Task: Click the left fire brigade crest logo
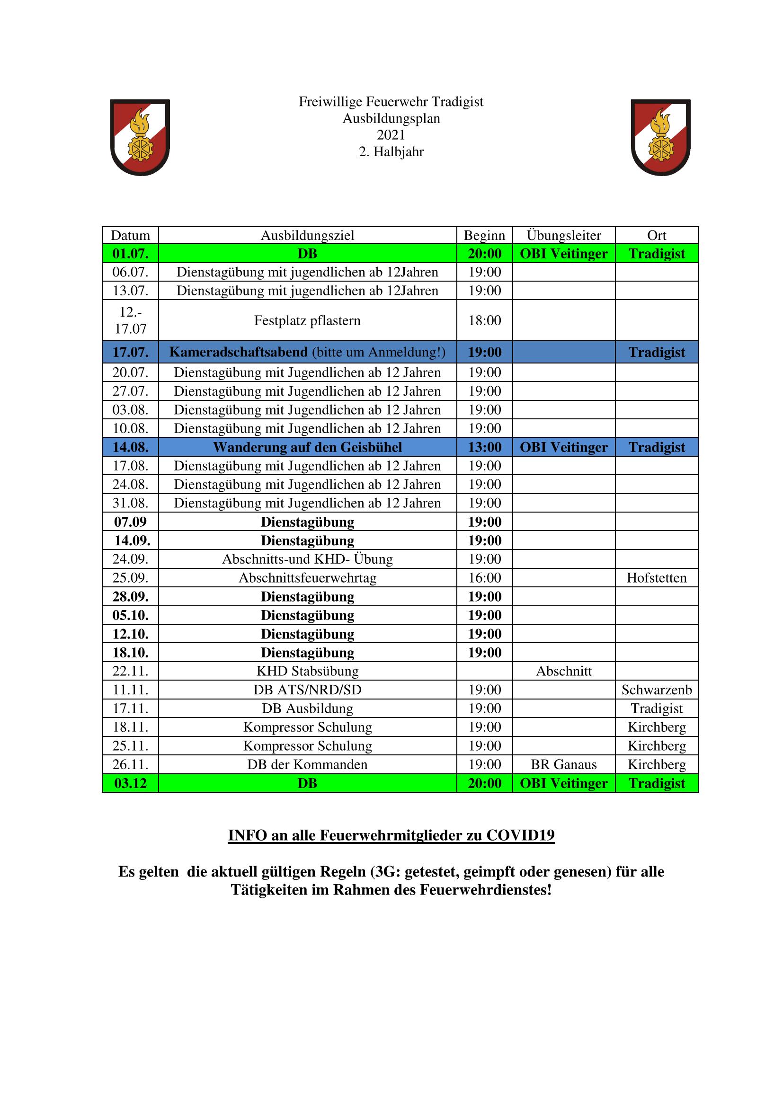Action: pyautogui.click(x=140, y=137)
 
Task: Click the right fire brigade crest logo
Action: pyautogui.click(x=660, y=137)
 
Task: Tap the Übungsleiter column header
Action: pyautogui.click(x=564, y=235)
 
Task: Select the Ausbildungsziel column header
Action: pyautogui.click(x=308, y=235)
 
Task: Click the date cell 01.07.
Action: pyautogui.click(x=130, y=254)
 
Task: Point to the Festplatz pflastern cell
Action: pyautogui.click(x=308, y=320)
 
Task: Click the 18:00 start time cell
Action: pyautogui.click(x=485, y=320)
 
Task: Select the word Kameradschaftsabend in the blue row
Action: pyautogui.click(x=238, y=352)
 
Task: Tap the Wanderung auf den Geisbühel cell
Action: pyautogui.click(x=308, y=447)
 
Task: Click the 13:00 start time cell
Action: pyautogui.click(x=485, y=447)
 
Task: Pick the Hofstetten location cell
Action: pyautogui.click(x=657, y=577)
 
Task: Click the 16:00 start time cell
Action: pyautogui.click(x=485, y=577)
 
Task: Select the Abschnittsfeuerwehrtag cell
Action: pyautogui.click(x=308, y=577)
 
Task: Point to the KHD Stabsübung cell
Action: pyautogui.click(x=308, y=671)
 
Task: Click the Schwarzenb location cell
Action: pyautogui.click(x=657, y=690)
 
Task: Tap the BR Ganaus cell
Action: pyautogui.click(x=564, y=765)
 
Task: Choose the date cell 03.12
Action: pyautogui.click(x=130, y=783)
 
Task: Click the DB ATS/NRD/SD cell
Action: pyautogui.click(x=308, y=690)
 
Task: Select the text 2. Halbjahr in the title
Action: pyautogui.click(x=391, y=152)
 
